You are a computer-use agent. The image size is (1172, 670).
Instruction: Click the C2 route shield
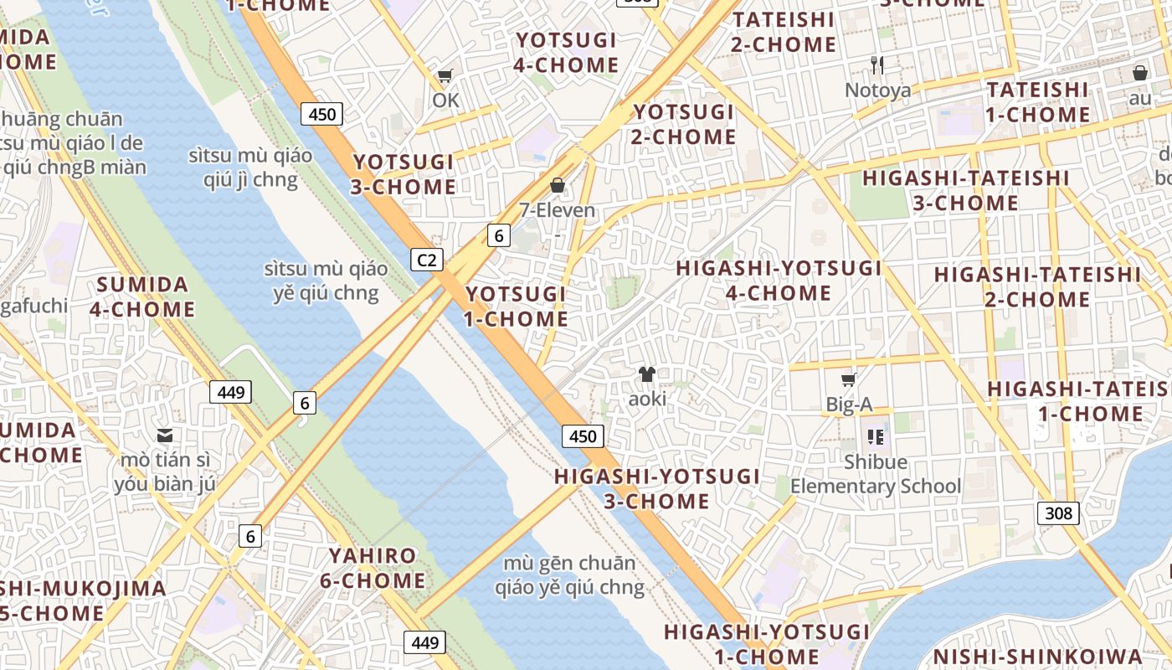[427, 260]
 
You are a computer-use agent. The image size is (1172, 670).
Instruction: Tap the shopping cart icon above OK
[445, 76]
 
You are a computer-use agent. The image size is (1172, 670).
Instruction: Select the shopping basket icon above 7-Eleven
[558, 185]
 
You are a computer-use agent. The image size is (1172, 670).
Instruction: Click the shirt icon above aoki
[647, 374]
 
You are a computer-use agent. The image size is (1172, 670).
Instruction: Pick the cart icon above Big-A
[849, 380]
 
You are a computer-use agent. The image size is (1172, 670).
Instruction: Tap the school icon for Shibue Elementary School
[876, 436]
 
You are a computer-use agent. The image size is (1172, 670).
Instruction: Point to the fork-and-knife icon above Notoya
[877, 64]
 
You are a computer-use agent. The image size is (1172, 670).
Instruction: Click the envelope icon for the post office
[165, 435]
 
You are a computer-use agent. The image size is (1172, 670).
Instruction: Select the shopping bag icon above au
[1139, 74]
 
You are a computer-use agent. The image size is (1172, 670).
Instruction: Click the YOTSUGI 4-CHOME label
[567, 53]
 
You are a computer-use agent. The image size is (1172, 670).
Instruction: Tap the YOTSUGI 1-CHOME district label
[517, 307]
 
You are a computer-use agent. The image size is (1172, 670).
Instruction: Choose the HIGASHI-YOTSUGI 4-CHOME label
[779, 281]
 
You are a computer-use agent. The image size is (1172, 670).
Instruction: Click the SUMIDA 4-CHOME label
[142, 296]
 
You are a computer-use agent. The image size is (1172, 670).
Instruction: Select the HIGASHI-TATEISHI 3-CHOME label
[965, 190]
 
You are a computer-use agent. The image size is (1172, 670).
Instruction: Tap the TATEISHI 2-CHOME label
[784, 32]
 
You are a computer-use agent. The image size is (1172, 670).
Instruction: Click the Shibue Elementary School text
[876, 474]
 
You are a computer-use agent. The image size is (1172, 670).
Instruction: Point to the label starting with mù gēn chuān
[569, 575]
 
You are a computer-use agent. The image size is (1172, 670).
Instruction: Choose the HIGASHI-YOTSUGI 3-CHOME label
[657, 489]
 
